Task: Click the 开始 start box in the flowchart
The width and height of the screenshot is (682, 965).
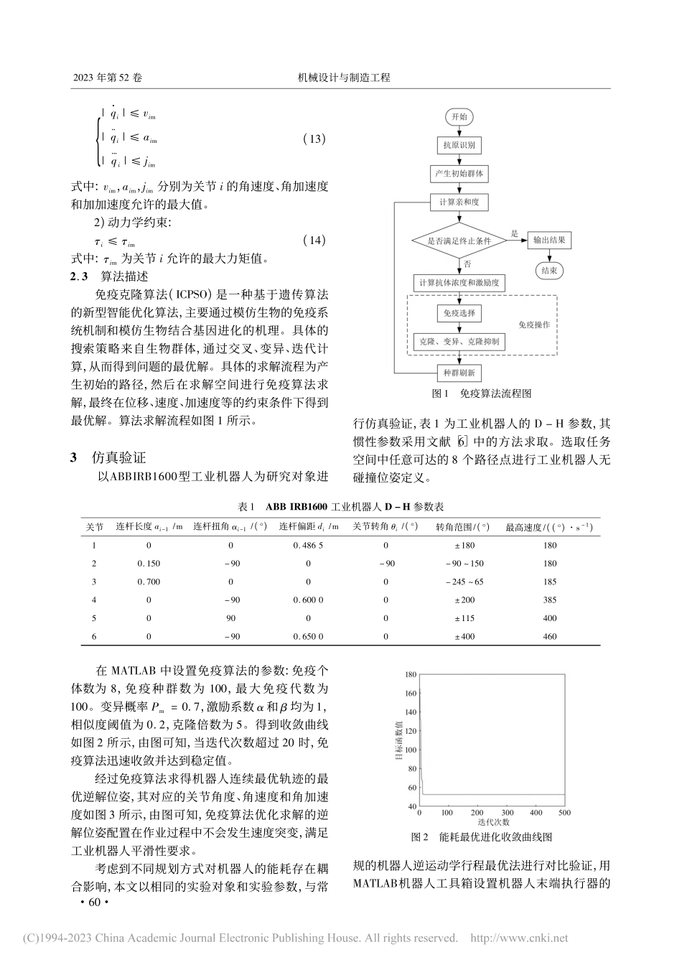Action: (x=459, y=116)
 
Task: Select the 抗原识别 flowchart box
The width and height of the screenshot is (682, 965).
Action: (x=459, y=145)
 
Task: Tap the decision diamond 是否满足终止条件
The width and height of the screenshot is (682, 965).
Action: (x=459, y=241)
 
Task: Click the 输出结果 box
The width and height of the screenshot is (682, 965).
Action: (x=549, y=241)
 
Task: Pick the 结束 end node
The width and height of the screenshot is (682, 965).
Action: (x=549, y=271)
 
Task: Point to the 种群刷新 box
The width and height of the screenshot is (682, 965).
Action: (x=459, y=373)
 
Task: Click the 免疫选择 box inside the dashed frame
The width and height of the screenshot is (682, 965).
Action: (x=459, y=313)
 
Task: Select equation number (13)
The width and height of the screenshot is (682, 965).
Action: (x=314, y=139)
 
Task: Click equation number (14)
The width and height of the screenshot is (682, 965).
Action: (x=314, y=241)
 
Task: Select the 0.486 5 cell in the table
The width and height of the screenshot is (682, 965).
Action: (x=308, y=545)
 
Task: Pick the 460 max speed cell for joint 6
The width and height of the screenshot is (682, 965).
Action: (x=550, y=636)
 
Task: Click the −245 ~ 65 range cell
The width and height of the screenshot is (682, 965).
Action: (x=464, y=582)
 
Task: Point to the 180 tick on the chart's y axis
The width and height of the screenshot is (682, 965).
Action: (x=411, y=674)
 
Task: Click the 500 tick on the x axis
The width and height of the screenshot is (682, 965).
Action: (x=564, y=813)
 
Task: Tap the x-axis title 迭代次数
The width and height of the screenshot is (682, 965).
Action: (x=492, y=821)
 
